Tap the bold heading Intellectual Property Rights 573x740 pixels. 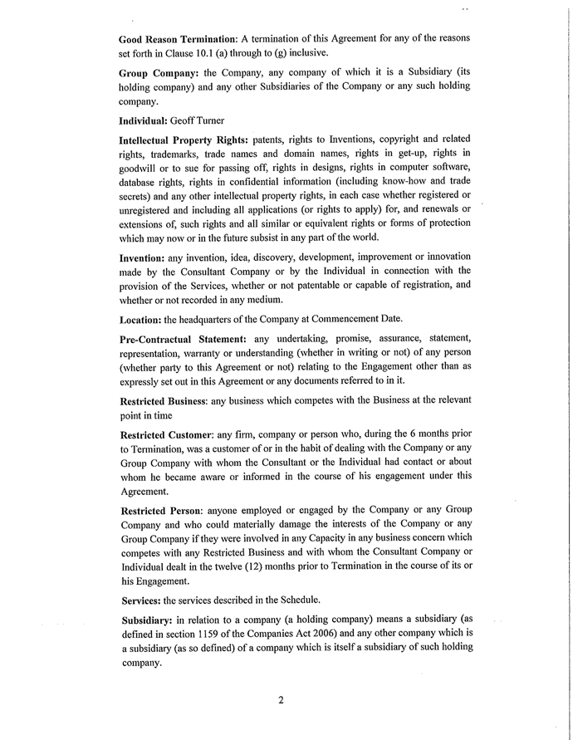tap(184, 140)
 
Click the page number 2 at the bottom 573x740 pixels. tap(282, 700)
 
